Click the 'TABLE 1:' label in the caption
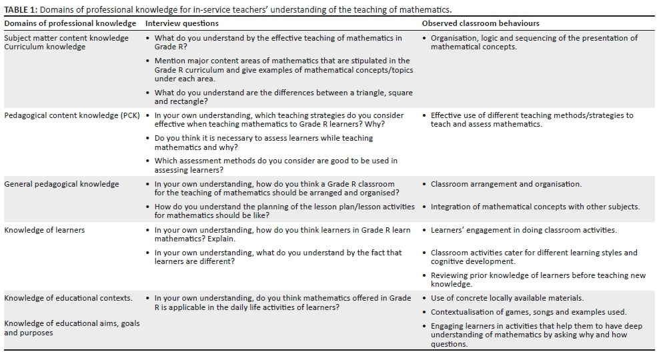tap(22, 10)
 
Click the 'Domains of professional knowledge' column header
tap(70, 23)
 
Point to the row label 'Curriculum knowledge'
tap(45, 47)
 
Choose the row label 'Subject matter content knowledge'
tap(66, 38)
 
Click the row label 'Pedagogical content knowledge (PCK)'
tap(72, 115)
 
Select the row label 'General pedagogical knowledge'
tap(61, 184)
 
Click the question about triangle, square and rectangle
tap(273, 97)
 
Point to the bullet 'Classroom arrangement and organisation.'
tap(506, 184)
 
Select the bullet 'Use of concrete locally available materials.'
tap(507, 298)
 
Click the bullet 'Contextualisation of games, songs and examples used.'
tap(528, 312)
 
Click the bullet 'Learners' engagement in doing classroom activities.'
tap(524, 230)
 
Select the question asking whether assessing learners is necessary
tap(263, 143)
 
